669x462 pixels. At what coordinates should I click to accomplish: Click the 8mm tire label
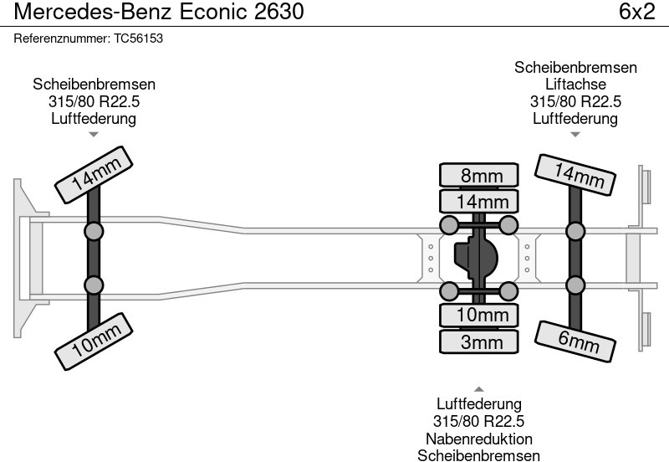(479, 175)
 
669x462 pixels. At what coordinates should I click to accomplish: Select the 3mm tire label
(479, 341)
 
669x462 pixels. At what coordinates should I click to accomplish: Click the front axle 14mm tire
(94, 177)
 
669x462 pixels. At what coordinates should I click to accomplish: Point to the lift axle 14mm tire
(575, 177)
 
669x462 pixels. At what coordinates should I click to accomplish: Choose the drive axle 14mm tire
(479, 201)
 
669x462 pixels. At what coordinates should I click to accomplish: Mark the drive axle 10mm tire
(479, 315)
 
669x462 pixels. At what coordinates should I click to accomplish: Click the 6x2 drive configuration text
(636, 12)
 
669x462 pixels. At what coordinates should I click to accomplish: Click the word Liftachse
(575, 85)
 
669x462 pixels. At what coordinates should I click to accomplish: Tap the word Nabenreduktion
(479, 439)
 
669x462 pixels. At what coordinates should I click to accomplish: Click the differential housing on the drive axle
(476, 255)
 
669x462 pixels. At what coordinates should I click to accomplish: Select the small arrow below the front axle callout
(94, 135)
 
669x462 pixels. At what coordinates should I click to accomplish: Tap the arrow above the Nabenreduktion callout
(479, 388)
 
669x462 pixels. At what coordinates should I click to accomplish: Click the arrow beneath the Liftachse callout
(575, 135)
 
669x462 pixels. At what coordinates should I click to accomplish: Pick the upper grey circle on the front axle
(94, 231)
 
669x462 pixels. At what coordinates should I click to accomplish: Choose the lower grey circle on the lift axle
(575, 285)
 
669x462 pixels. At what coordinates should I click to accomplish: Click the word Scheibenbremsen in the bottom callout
(479, 455)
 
